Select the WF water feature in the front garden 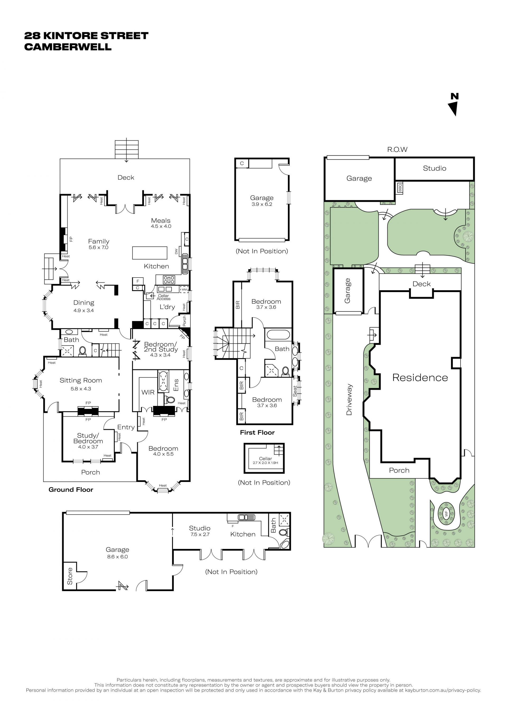click(x=447, y=513)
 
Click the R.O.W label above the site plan click(x=397, y=149)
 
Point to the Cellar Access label click(x=163, y=297)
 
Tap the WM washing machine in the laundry click(x=184, y=289)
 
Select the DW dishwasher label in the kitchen click(x=176, y=251)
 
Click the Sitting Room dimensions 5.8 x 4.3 click(x=81, y=389)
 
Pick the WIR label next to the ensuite click(x=148, y=392)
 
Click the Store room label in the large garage click(x=70, y=576)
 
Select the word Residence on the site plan click(x=420, y=378)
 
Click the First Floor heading click(x=257, y=433)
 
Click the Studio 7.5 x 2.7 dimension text click(x=200, y=534)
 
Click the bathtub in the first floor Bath click(x=278, y=334)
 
